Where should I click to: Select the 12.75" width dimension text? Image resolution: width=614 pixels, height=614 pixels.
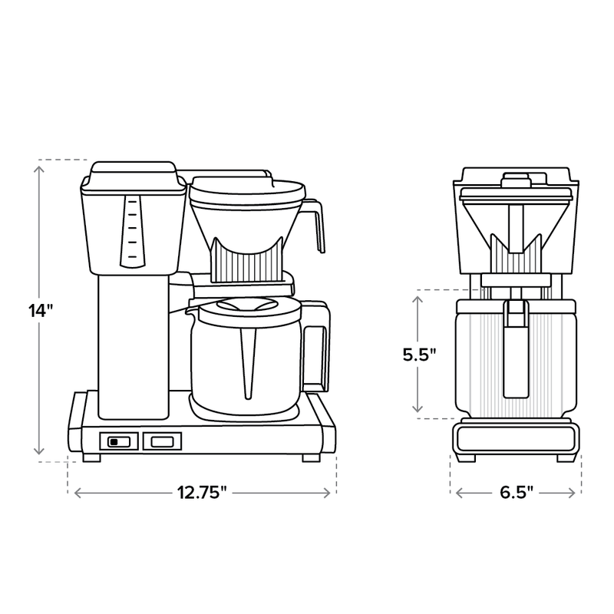pos(202,493)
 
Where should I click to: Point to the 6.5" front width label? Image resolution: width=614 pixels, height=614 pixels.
pos(516,493)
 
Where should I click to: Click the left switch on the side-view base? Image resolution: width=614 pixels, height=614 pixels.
pos(118,441)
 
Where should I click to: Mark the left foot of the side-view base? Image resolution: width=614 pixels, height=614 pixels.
pos(91,457)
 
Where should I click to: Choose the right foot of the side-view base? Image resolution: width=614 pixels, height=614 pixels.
pos(312,457)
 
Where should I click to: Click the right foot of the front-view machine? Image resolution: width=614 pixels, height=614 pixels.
pos(566,458)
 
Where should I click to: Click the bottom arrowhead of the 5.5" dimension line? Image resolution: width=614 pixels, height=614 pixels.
pos(418,411)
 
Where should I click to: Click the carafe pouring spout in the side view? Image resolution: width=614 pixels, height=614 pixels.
pos(188,310)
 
